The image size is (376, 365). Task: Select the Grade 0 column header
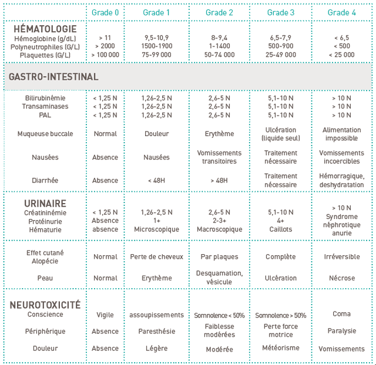click(105, 12)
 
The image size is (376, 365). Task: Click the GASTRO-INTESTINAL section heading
click(53, 77)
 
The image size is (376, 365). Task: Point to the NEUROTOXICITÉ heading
click(45, 305)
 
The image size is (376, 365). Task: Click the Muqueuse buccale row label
click(49, 134)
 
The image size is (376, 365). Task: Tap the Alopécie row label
click(45, 261)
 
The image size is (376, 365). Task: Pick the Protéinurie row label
click(45, 221)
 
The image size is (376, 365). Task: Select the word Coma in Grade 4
click(341, 314)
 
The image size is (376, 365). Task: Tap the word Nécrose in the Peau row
click(341, 278)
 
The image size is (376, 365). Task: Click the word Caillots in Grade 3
click(280, 229)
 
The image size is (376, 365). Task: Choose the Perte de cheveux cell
click(156, 256)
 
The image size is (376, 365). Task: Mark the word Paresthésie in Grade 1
click(156, 331)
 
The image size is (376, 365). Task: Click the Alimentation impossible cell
click(341, 134)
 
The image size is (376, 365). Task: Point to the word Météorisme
click(280, 348)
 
